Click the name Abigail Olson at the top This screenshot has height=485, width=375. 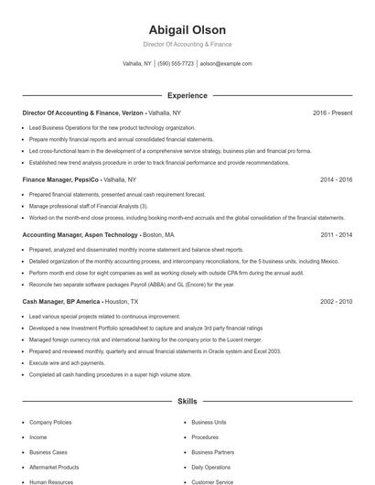coord(187,29)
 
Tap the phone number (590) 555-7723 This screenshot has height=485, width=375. coord(176,64)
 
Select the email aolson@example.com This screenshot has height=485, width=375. coord(226,64)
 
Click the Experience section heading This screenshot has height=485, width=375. coord(187,95)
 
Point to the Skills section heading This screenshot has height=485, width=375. coord(187,401)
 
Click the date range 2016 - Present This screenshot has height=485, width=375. coord(332,113)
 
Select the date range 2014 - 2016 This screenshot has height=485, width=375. coord(336,180)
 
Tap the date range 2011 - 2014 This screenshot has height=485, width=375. coord(336,235)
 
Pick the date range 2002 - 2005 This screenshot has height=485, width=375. coord(336,301)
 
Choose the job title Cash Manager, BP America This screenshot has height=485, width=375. coord(60,301)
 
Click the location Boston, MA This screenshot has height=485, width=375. coord(158,235)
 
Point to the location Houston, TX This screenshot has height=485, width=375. coord(122,301)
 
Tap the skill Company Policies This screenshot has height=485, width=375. coord(51,423)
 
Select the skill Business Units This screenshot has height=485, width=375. coord(209,423)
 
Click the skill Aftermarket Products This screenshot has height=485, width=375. coord(54,467)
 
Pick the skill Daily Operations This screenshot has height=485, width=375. coord(211,467)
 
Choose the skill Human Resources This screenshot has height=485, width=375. coord(50,481)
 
